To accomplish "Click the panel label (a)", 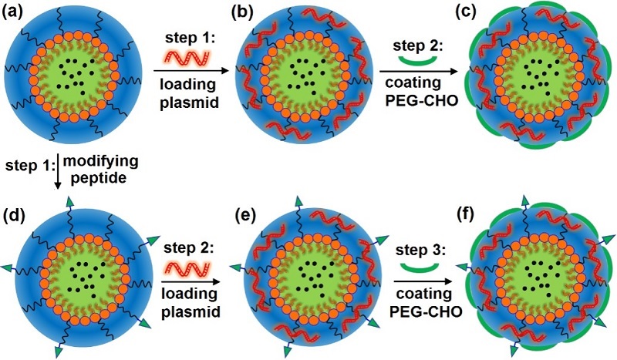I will (16, 11).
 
